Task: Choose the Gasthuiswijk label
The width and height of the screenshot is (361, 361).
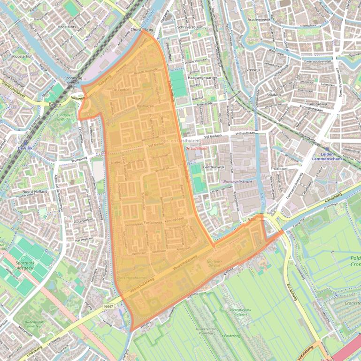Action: (215, 167)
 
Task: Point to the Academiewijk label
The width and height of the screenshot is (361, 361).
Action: (259, 20)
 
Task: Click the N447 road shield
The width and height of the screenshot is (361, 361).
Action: (109, 307)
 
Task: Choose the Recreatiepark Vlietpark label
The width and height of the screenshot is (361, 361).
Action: (229, 311)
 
